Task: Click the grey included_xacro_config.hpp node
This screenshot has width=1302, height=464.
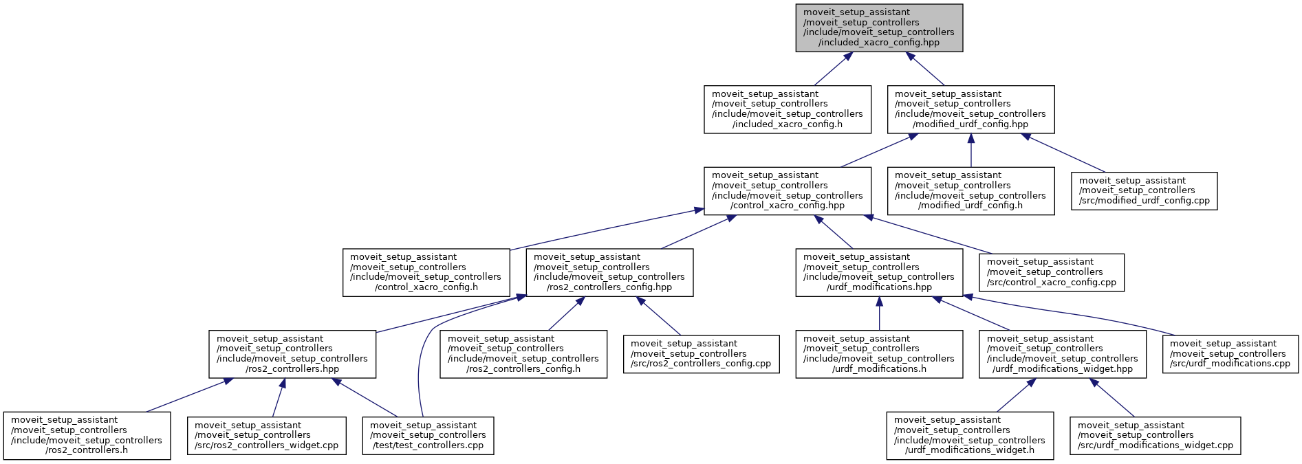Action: [x=879, y=27]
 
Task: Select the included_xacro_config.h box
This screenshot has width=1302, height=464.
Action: [x=787, y=109]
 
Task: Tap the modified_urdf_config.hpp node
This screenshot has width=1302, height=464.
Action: [x=970, y=109]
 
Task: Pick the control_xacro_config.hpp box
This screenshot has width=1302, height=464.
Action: [x=787, y=190]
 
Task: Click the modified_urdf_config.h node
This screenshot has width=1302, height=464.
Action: [x=970, y=190]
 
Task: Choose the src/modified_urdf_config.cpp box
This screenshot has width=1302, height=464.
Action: [x=1144, y=191]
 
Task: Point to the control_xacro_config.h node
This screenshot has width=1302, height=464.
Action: [x=426, y=272]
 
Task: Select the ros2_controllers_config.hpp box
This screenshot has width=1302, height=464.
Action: [x=609, y=272]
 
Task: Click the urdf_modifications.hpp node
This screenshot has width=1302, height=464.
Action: [x=879, y=272]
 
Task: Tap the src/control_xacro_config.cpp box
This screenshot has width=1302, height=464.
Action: [x=1052, y=272]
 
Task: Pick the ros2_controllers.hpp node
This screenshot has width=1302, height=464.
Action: [x=292, y=354]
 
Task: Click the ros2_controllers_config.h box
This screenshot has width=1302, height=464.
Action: [x=523, y=354]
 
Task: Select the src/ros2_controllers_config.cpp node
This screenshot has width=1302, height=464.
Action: [x=701, y=354]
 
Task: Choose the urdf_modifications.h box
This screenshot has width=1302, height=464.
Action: [x=879, y=354]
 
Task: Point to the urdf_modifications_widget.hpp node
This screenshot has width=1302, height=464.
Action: [x=1063, y=354]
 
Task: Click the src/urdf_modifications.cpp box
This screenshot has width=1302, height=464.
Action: [x=1230, y=354]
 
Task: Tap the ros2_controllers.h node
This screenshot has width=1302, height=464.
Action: [x=87, y=436]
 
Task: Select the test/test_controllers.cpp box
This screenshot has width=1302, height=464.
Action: [x=428, y=436]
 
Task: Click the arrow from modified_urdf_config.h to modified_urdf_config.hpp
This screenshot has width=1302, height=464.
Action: [x=970, y=150]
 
